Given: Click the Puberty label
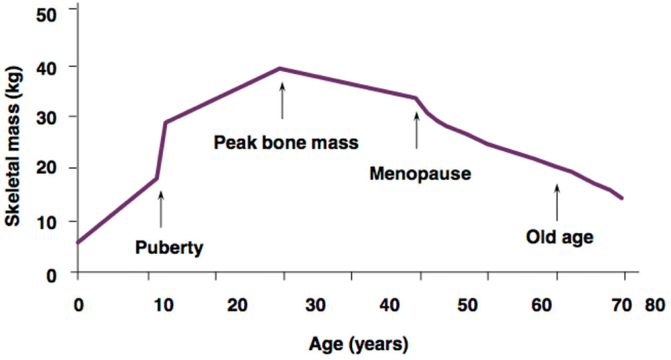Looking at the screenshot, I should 169,247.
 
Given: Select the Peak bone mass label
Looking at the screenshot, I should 286,142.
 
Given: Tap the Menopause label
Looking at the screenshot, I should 420,173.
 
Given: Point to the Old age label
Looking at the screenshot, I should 559,237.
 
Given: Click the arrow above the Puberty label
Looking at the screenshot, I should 161,209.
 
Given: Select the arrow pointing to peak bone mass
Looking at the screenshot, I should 282,101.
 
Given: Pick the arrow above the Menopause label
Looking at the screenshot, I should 417,130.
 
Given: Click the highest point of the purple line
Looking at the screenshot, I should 280,68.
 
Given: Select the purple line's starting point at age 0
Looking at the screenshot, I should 78,242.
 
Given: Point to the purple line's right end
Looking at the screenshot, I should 622,198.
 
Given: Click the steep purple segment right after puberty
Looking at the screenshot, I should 161,150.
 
